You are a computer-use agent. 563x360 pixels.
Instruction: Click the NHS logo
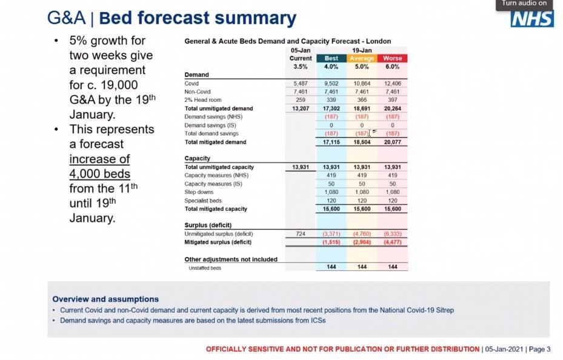pyautogui.click(x=532, y=19)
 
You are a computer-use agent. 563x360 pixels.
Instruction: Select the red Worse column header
pyautogui.click(x=393, y=58)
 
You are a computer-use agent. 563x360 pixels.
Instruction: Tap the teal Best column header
pyautogui.click(x=331, y=58)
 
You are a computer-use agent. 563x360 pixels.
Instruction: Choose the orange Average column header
pyautogui.click(x=362, y=58)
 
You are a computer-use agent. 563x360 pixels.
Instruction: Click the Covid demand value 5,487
pyautogui.click(x=301, y=83)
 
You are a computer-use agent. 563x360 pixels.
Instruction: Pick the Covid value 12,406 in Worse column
pyautogui.click(x=393, y=83)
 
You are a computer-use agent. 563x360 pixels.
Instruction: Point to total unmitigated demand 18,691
pyautogui.click(x=362, y=108)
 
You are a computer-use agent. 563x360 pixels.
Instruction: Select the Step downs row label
pyautogui.click(x=199, y=192)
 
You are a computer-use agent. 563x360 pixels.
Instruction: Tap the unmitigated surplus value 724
pyautogui.click(x=301, y=234)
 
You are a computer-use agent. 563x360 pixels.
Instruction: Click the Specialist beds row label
pyautogui.click(x=203, y=201)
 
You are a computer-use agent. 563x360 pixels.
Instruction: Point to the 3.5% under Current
pyautogui.click(x=301, y=67)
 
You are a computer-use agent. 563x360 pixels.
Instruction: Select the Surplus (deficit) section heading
pyautogui.click(x=208, y=225)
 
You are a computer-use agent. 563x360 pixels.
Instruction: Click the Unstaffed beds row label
pyautogui.click(x=205, y=268)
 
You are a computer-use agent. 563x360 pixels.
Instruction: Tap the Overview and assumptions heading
pyautogui.click(x=105, y=299)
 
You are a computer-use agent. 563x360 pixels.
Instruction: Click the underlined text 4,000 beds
pyautogui.click(x=100, y=174)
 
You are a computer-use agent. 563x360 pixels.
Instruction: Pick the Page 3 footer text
pyautogui.click(x=539, y=349)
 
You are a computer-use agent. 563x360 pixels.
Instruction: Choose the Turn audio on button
pyautogui.click(x=524, y=4)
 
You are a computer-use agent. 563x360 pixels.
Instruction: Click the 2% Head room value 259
pyautogui.click(x=301, y=100)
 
